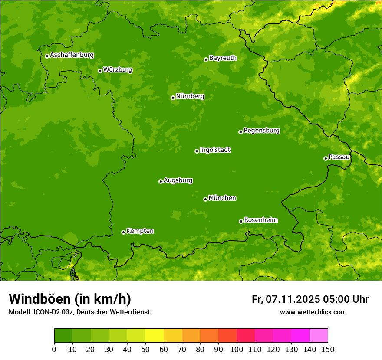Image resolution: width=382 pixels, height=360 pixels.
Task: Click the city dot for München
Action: click(205, 199)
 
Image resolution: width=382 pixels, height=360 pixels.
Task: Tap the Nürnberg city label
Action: click(190, 96)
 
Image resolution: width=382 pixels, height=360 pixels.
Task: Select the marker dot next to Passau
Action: click(326, 158)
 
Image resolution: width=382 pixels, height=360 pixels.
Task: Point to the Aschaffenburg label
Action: click(72, 55)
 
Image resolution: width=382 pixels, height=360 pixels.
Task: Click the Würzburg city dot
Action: click(100, 71)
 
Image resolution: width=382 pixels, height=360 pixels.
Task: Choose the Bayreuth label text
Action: click(223, 58)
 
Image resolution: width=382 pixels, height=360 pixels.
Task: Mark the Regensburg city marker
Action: click(240, 132)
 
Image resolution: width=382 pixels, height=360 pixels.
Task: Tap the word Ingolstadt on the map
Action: click(215, 150)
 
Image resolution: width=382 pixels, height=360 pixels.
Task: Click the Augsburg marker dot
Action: click(161, 181)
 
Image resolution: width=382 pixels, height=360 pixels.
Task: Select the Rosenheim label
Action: click(260, 220)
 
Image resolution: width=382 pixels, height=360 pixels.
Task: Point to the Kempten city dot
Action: click(123, 232)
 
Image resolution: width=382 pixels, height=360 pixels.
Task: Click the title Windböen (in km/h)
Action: click(70, 299)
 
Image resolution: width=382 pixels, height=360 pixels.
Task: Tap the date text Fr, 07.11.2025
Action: click(285, 299)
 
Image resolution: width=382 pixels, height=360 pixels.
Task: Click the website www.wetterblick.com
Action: click(313, 312)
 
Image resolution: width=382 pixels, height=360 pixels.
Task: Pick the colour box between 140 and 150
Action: click(319, 336)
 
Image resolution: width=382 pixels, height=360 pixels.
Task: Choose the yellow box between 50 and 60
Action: click(155, 336)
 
